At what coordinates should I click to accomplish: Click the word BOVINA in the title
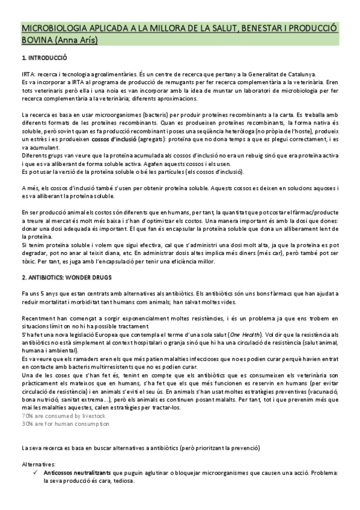37,40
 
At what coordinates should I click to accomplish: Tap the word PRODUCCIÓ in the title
313,28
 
